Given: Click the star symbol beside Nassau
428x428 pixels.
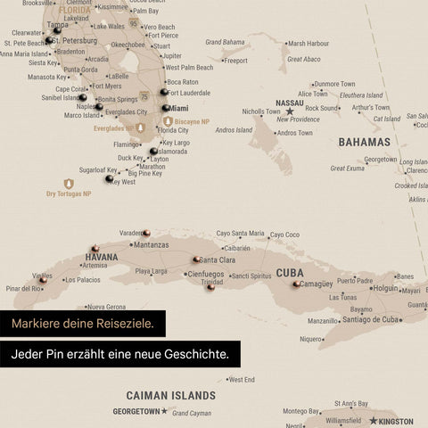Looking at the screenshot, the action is coord(289,111).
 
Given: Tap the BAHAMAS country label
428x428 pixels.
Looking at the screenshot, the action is coord(364,142).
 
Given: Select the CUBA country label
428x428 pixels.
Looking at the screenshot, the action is coord(290,273).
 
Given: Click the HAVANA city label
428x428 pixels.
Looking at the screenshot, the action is coord(101,257).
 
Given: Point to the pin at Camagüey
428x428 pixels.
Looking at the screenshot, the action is coord(296,284).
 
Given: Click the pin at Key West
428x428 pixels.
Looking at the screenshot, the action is coord(109,178).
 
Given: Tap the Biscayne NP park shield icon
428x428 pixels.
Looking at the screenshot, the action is coord(168,120).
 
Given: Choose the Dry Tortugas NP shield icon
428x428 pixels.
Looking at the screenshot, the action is coord(69,184).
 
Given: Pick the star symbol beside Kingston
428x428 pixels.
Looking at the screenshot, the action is coord(374,421).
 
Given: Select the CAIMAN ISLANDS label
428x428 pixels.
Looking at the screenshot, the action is coord(170,395).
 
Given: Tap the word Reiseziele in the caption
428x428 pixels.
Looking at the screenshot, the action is coord(124,323).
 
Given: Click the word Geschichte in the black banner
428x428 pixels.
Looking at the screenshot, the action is coord(194,354).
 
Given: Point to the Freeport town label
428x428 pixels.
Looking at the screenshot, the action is coord(235,61).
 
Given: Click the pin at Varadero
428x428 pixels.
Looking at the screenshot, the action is coord(146,233).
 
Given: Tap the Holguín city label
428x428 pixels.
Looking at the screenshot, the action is coord(384,288).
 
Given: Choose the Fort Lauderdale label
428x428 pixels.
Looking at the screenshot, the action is coord(189,93).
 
